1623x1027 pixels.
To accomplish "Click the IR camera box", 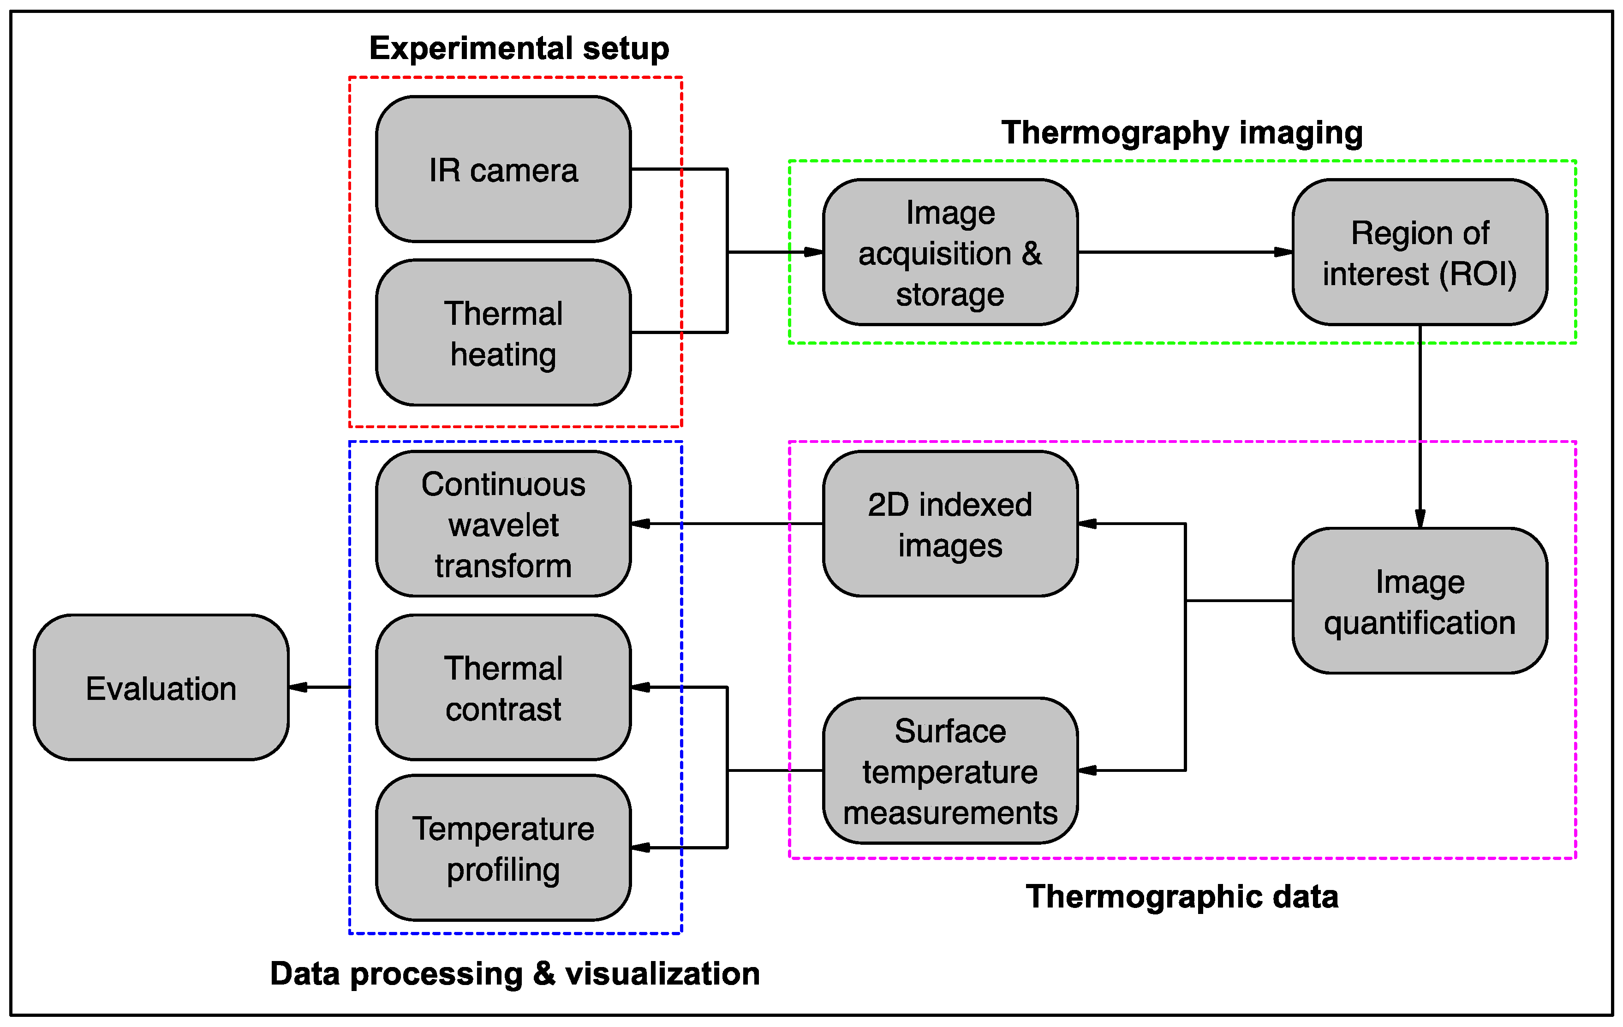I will pyautogui.click(x=503, y=169).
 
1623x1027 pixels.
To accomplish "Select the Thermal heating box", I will pyautogui.click(x=503, y=333).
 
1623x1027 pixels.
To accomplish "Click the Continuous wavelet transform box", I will pyautogui.click(x=503, y=524).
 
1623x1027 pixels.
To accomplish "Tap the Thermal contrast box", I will pyautogui.click(x=503, y=687).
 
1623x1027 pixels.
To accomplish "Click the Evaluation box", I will pyautogui.click(x=161, y=687).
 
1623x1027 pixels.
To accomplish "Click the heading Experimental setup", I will pyautogui.click(x=519, y=48).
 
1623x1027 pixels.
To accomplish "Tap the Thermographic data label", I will pyautogui.click(x=1181, y=896).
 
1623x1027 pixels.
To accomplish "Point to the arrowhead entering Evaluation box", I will pyautogui.click(x=298, y=687).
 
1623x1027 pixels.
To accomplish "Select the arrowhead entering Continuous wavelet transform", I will pyautogui.click(x=641, y=524).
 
